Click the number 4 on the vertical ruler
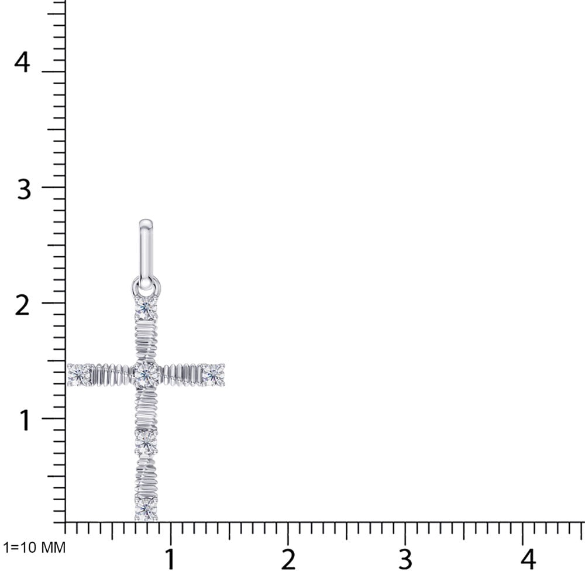(x=22, y=63)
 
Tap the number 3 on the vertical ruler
(x=23, y=189)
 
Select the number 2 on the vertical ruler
(x=22, y=306)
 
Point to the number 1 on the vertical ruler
(x=25, y=421)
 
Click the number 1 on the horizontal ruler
(x=170, y=559)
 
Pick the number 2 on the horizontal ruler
(x=288, y=559)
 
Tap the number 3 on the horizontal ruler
(x=405, y=559)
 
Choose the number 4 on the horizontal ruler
(x=528, y=559)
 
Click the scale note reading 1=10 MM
(x=34, y=548)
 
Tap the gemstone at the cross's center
(x=146, y=374)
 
